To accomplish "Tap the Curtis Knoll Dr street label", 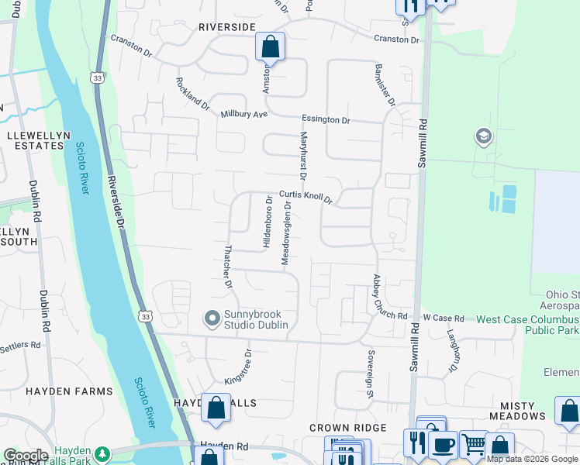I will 306,198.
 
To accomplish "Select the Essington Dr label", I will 326,120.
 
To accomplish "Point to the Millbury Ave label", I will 243,114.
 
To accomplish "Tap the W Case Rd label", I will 443,319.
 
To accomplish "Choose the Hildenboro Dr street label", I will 268,221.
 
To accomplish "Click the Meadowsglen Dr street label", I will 286,233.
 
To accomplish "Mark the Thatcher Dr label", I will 228,267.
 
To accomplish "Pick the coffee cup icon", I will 443,445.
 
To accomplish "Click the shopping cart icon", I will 473,445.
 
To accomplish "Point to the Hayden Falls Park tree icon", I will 102,453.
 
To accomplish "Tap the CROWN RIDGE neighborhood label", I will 347,428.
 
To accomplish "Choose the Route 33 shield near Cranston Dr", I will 96,77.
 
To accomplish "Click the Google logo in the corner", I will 25,456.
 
